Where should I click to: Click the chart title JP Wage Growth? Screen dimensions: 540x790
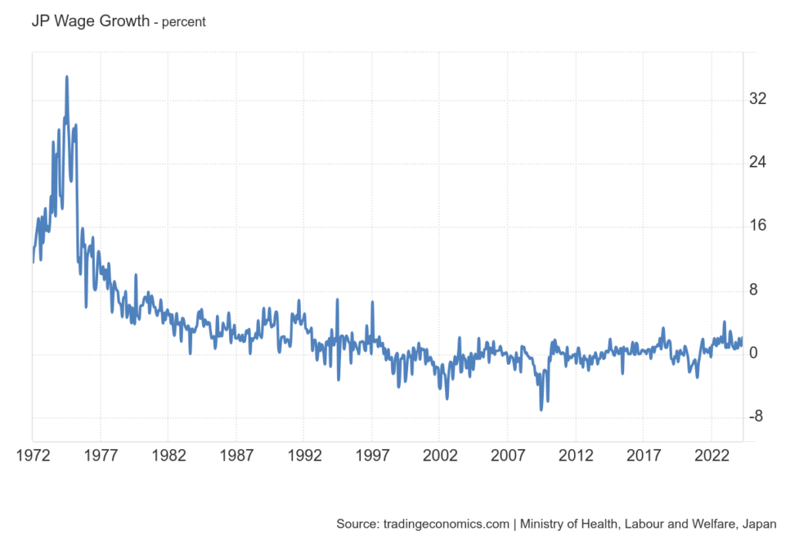click(90, 21)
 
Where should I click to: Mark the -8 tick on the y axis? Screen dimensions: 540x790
click(757, 417)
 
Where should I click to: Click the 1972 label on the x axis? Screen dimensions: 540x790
click(32, 454)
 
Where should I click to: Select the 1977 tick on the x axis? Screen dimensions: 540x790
click(100, 454)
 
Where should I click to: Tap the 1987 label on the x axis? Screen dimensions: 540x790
click(236, 454)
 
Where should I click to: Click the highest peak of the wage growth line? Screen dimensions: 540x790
click(67, 76)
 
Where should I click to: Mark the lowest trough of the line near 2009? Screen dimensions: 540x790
click(542, 410)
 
